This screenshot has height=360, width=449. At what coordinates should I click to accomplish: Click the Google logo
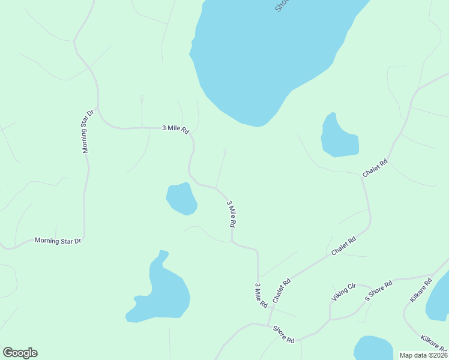pos(20,353)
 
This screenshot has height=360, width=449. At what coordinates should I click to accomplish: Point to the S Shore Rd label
pos(379,290)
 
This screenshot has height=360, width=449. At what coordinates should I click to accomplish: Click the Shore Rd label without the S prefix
pos(283,334)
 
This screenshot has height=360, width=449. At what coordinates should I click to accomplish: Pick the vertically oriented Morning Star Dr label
pos(88,131)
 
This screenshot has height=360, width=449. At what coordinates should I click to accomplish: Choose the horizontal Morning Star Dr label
pos(58,241)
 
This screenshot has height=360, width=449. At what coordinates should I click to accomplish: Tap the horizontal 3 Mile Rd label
pos(176,128)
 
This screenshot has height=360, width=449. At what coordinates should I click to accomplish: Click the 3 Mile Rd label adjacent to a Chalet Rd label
pos(261,295)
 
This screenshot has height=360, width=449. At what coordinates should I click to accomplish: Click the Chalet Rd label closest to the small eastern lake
pos(376,167)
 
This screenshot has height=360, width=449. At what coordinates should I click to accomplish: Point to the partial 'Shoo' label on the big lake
pos(282,5)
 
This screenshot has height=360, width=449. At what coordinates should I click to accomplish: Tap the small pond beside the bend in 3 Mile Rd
pos(181,199)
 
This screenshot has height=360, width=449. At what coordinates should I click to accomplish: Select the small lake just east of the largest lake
pos(339,138)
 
